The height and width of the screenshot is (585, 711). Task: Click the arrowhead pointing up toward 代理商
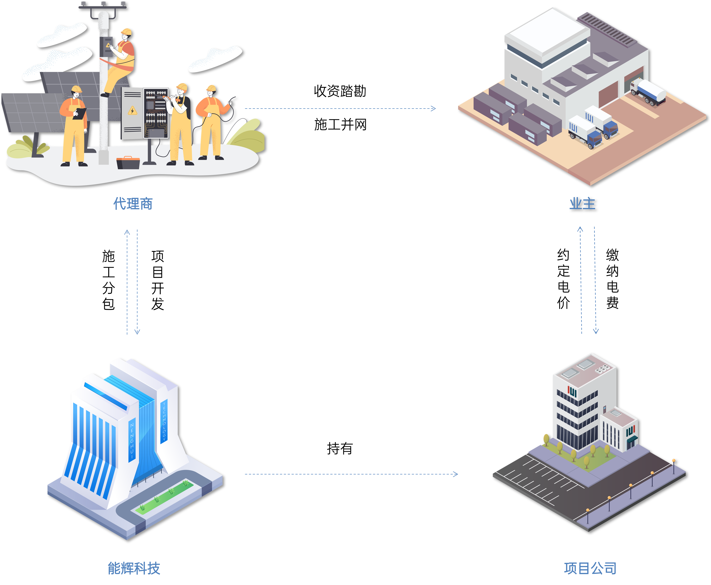(127, 232)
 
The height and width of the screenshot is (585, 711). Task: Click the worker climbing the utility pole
(120, 61)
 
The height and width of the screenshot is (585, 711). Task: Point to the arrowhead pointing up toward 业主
(580, 229)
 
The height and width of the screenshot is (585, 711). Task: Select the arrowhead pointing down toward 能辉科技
(137, 332)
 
